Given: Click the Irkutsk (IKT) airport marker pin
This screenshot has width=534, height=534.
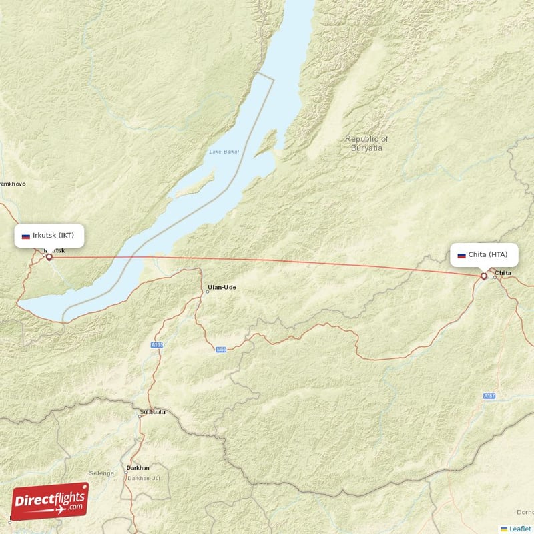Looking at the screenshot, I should click(x=49, y=256).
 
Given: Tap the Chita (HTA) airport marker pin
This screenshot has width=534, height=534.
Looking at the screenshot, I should click(x=484, y=276).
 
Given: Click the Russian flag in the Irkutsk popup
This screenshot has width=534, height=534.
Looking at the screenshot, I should click(x=26, y=236).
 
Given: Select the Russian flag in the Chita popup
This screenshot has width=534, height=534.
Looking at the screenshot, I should click(x=461, y=255).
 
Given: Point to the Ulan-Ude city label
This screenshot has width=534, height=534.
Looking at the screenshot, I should click(x=222, y=288).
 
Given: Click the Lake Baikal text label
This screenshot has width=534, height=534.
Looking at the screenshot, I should click(x=224, y=152).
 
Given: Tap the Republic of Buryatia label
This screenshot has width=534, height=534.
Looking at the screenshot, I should click(x=366, y=143).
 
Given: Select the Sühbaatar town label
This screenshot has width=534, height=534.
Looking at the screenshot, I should click(x=153, y=412).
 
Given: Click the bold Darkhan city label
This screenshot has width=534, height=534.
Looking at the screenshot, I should click(x=138, y=468).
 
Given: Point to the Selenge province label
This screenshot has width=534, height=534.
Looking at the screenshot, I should click(x=102, y=473).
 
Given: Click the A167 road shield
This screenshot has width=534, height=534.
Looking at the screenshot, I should click(x=489, y=396).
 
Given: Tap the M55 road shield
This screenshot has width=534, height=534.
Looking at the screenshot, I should click(x=221, y=349).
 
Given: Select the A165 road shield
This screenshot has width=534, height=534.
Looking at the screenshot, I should click(x=157, y=345).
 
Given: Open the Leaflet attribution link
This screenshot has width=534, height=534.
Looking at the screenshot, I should click(x=519, y=528).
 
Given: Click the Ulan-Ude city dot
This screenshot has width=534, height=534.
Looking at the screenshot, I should click(x=207, y=292).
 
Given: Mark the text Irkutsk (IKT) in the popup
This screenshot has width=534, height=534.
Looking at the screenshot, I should click(x=57, y=235).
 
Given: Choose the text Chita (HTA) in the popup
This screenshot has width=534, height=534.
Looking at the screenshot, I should click(x=487, y=254).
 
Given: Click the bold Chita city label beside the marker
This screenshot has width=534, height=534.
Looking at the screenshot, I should click(x=503, y=272).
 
